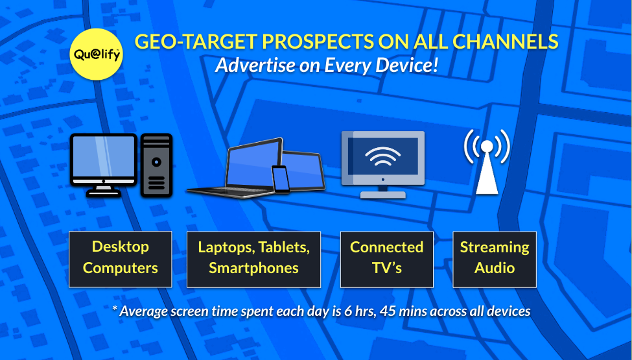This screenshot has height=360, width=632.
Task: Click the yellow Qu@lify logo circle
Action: [96, 54]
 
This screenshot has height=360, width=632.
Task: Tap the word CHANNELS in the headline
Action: [506, 42]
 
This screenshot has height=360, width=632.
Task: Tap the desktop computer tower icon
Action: [156, 165]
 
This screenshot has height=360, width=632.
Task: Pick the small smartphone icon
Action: [281, 179]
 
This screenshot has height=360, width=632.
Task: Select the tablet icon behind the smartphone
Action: [304, 170]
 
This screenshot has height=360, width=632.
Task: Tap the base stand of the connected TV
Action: [382, 195]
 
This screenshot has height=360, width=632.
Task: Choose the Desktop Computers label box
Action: [121, 259]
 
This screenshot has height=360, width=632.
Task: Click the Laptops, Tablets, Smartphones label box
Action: [254, 259]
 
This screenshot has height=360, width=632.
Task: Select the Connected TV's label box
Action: [387, 259]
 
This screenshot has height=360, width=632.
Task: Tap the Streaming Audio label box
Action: [495, 259]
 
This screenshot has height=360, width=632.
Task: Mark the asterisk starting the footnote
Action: [115, 308]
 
